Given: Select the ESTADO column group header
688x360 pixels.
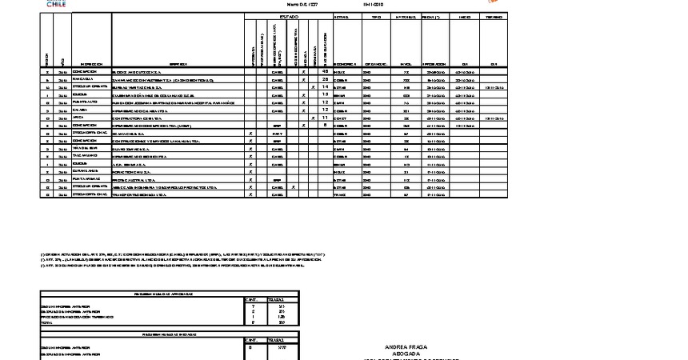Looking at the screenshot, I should (x=288, y=16).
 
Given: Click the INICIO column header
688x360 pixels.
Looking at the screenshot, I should (x=464, y=16).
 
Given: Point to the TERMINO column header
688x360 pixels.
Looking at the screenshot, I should (x=494, y=16).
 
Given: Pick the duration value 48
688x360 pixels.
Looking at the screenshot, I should (x=326, y=71).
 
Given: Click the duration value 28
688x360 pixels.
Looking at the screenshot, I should (x=326, y=80).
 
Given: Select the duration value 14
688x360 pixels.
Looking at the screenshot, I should (x=326, y=86).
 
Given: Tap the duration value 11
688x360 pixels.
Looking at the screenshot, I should (x=326, y=118).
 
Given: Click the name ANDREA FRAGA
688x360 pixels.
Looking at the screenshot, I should (x=406, y=348).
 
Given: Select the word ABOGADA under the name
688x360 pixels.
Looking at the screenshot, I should (x=406, y=354).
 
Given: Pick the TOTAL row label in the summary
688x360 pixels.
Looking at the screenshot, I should (x=47, y=322).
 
